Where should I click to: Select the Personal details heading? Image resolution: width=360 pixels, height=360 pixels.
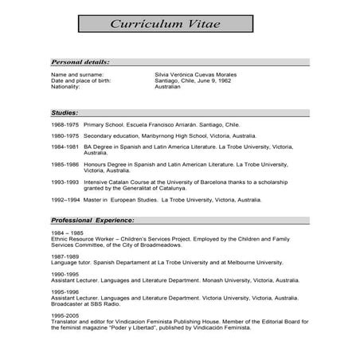[80, 61]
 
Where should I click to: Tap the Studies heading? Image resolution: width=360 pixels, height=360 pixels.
[65, 113]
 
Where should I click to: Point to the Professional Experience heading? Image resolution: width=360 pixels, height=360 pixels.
[92, 218]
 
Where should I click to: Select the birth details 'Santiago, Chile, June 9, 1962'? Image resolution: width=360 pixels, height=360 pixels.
[194, 80]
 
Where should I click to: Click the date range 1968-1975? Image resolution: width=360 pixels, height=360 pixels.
[65, 125]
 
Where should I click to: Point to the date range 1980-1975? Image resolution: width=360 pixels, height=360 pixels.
[65, 136]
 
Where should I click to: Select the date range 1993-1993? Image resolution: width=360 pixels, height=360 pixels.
[65, 182]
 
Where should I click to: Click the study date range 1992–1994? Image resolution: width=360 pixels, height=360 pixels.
[65, 200]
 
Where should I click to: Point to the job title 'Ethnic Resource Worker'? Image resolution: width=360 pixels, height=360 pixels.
[84, 237]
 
